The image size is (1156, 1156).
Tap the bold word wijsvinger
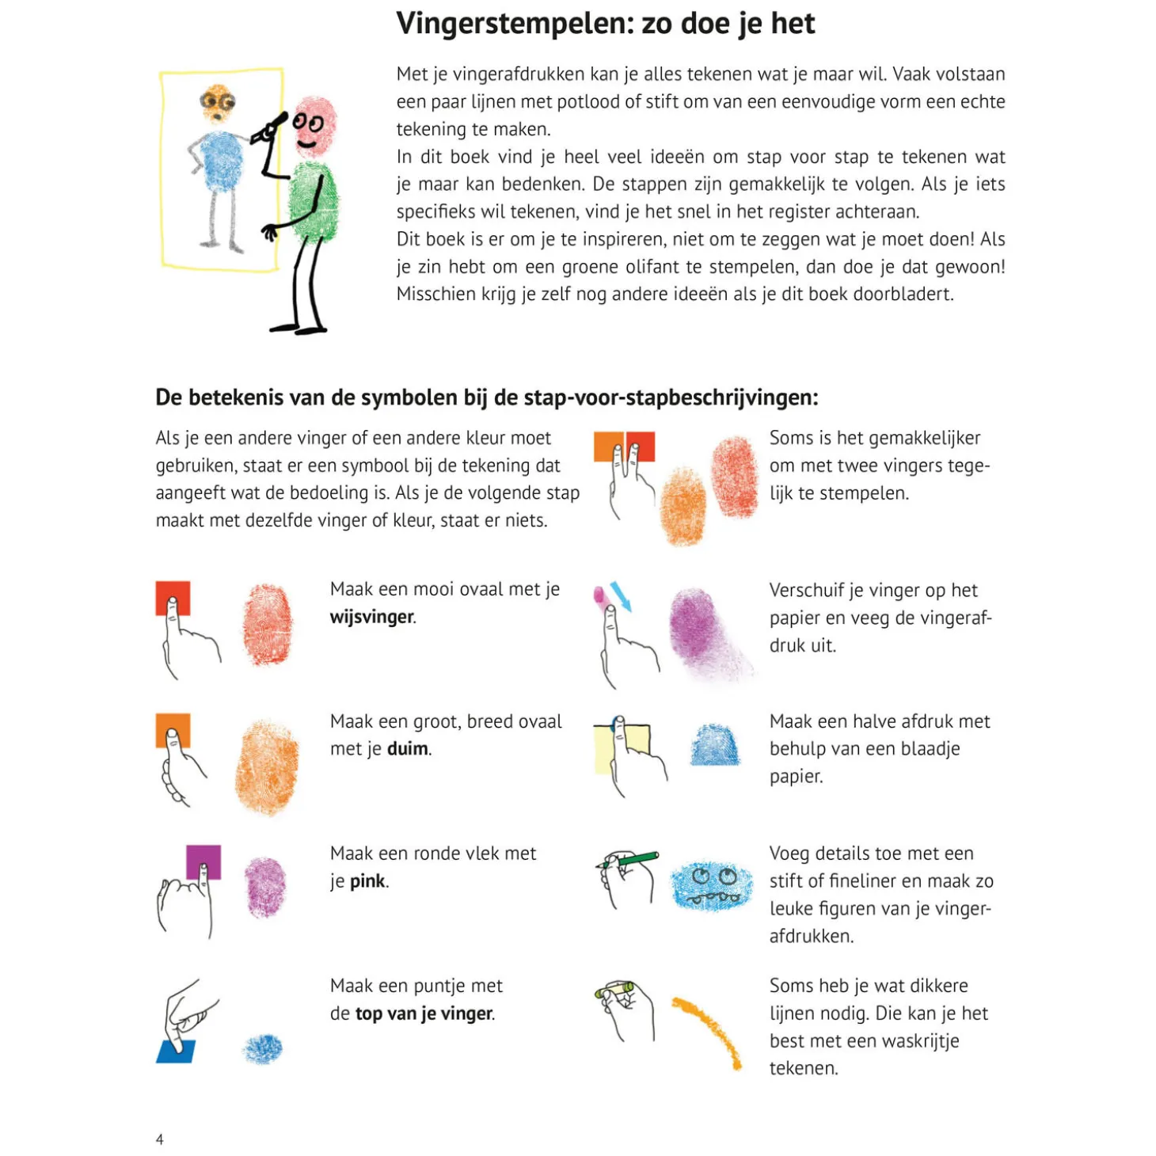coord(371,617)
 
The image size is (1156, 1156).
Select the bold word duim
coord(407,749)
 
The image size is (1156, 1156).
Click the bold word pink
coord(367,881)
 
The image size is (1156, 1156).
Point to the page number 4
coord(160,1139)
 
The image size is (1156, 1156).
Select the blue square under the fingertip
coord(176,1051)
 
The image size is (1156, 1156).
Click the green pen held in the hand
coord(637,859)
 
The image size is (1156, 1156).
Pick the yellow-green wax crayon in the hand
coord(616,991)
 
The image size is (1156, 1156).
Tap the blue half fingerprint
coord(714,746)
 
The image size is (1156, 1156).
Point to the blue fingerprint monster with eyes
coord(711,885)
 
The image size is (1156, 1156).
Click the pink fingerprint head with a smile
coord(314,127)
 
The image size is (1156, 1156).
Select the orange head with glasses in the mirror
coord(217,103)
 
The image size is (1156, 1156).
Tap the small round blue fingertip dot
coord(262,1049)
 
